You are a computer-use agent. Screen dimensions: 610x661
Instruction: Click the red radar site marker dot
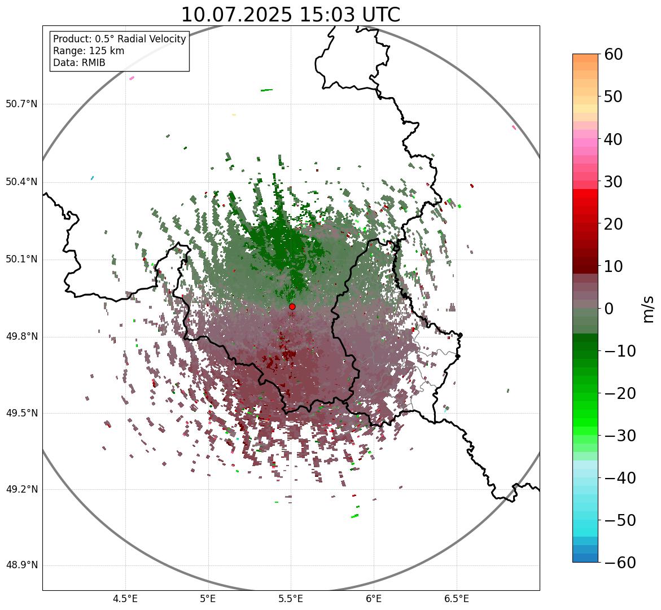[x=292, y=306]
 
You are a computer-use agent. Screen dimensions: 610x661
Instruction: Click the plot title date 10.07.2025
[x=237, y=15]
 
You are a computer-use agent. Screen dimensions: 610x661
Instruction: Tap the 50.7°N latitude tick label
[x=21, y=104]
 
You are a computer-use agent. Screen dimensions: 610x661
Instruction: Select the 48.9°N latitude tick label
[x=21, y=565]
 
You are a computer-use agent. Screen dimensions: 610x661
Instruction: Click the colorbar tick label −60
[x=620, y=563]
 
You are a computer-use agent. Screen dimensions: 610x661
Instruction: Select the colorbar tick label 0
[x=610, y=309]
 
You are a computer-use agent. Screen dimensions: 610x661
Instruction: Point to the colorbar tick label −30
[x=620, y=436]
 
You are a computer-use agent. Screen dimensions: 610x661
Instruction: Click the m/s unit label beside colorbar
[x=649, y=308]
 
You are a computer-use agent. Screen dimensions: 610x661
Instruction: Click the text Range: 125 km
[x=89, y=51]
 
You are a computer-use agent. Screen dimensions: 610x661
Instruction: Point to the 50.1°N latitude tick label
[x=21, y=260]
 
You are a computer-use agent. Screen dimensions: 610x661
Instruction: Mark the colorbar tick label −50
[x=620, y=520]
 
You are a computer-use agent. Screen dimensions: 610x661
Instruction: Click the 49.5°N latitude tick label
[x=21, y=413]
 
